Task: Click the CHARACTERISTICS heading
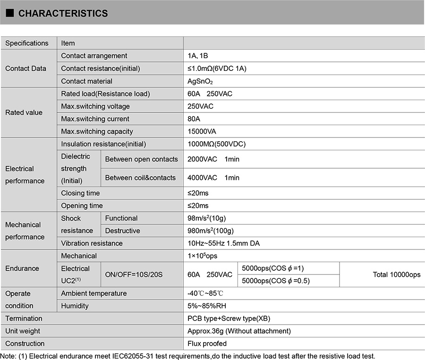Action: (63, 13)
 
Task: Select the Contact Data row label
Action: (26, 69)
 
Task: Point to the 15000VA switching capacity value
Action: (202, 131)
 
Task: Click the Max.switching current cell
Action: (95, 119)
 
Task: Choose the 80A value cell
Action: (195, 119)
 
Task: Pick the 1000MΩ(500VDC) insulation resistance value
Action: (217, 144)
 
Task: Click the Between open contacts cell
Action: (141, 159)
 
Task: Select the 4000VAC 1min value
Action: (213, 178)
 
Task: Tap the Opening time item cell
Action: (82, 206)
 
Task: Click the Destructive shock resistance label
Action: (122, 231)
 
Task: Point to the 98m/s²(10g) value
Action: (207, 218)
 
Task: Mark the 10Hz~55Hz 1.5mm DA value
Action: (224, 243)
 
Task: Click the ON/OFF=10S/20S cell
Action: (134, 274)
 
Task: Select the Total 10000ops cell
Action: (396, 274)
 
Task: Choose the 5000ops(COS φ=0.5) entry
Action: (275, 281)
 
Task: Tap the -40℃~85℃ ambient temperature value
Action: (205, 293)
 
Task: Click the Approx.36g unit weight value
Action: (239, 331)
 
